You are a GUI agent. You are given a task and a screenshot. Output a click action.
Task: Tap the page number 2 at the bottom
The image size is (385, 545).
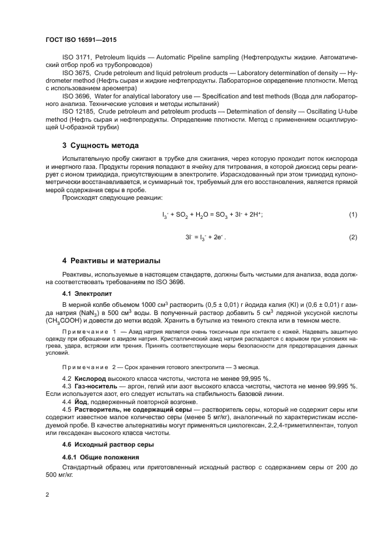point(47,495)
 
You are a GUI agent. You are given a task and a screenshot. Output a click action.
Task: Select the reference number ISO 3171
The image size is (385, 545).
point(76,58)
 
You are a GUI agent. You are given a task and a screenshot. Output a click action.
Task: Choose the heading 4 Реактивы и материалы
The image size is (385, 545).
point(111,260)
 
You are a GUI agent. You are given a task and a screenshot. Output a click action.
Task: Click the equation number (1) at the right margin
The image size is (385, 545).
point(353,215)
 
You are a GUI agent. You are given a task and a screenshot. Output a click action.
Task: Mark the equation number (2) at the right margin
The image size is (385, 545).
point(353,238)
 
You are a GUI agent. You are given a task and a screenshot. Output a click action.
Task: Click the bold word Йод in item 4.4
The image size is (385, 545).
point(81,403)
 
